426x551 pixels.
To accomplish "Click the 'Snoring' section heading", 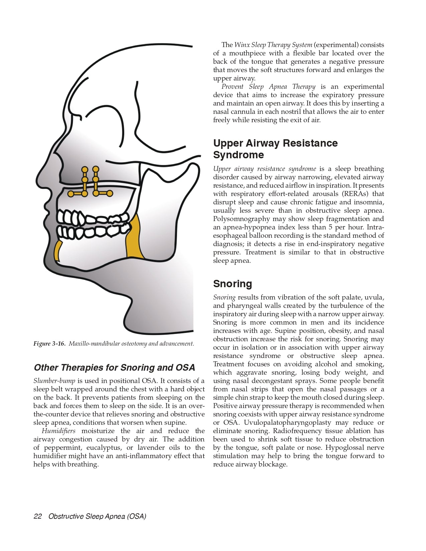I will [233, 284].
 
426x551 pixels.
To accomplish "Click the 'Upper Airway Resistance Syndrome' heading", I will [275, 149].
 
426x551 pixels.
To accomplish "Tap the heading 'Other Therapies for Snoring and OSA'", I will [114, 368].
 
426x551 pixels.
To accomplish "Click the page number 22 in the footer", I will [37, 516].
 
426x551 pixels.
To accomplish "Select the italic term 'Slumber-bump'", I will [54, 381].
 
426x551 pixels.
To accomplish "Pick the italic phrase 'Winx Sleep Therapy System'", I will [273, 45].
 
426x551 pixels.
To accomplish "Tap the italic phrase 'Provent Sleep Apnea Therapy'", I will [268, 86].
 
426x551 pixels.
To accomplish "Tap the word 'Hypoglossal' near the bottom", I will [346, 447].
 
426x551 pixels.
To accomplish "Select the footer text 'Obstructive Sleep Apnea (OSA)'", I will [97, 516].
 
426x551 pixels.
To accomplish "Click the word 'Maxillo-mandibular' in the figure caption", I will [91, 344].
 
